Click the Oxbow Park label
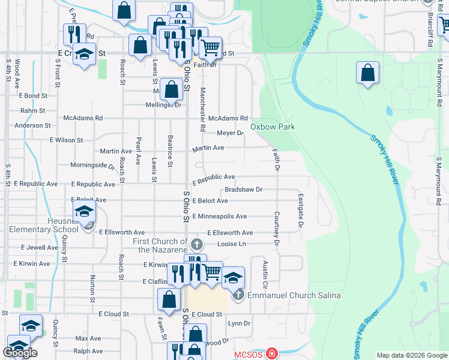pyautogui.click(x=273, y=127)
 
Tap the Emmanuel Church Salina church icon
pyautogui.click(x=238, y=295)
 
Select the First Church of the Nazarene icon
pyautogui.click(x=197, y=244)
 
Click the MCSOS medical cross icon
pyautogui.click(x=273, y=353)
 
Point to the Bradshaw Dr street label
pyautogui.click(x=244, y=190)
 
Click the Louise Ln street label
pyautogui.click(x=232, y=244)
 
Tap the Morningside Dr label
pyautogui.click(x=92, y=165)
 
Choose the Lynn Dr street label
pyautogui.click(x=239, y=323)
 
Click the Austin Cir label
pyautogui.click(x=264, y=273)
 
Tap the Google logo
pyautogui.click(x=20, y=353)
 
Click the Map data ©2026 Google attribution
pyautogui.click(x=412, y=355)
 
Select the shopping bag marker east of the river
pyautogui.click(x=367, y=74)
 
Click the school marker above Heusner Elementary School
pyautogui.click(x=84, y=211)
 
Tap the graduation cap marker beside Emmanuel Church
pyautogui.click(x=233, y=278)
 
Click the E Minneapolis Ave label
pyautogui.click(x=219, y=217)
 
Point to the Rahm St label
pyautogui.click(x=33, y=111)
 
